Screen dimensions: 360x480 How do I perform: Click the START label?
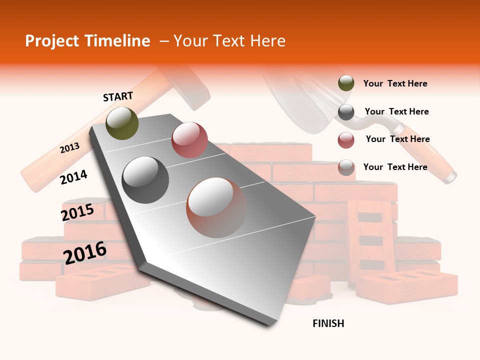118,96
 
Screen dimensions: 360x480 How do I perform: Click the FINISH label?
328,323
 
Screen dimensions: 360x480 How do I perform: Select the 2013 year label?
69,147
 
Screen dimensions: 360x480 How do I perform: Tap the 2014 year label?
73,177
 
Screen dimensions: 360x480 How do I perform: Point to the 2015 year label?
77,212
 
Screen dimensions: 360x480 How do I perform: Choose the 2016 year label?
85,252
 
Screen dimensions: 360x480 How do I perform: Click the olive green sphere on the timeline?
122,123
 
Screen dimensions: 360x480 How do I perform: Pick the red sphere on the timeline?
189,140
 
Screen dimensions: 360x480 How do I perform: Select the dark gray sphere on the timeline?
145,180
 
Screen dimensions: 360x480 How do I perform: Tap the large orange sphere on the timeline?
216,207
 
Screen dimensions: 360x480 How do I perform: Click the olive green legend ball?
346,83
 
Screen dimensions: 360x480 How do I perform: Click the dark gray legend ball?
346,112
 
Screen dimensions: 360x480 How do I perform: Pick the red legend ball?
346,140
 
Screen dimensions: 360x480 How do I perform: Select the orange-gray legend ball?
346,167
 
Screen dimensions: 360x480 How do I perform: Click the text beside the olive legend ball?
395,83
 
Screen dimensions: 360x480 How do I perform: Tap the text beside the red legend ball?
397,139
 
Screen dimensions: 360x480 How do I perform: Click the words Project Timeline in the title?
87,41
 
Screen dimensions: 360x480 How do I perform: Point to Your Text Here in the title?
229,41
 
